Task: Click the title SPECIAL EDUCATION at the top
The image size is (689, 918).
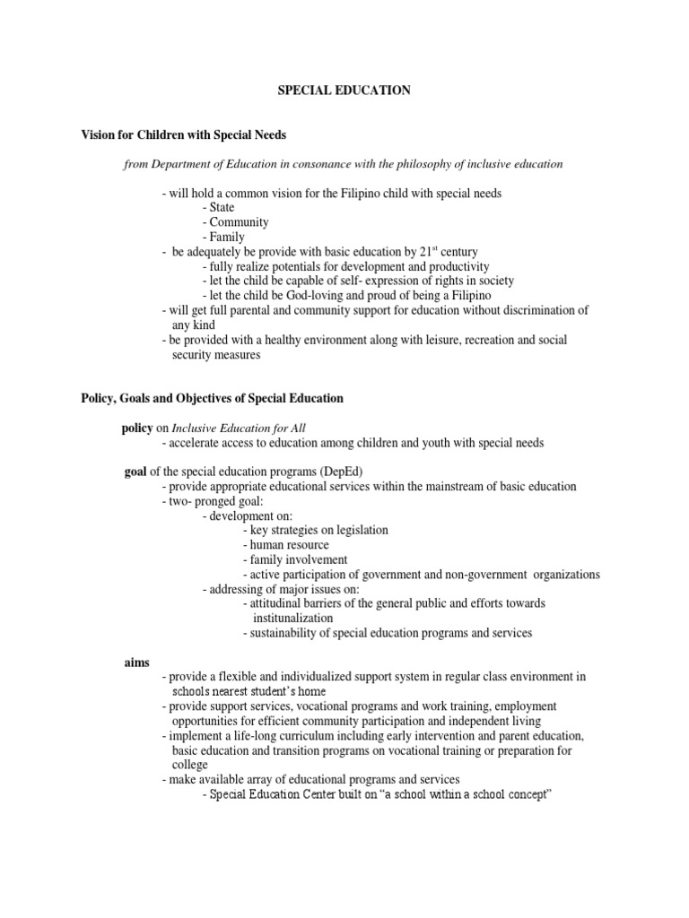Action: pyautogui.click(x=344, y=91)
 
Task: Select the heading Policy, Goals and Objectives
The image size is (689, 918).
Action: pyautogui.click(x=212, y=397)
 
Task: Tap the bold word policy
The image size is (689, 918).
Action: pyautogui.click(x=138, y=428)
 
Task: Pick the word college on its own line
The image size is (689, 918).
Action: pyautogui.click(x=189, y=765)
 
